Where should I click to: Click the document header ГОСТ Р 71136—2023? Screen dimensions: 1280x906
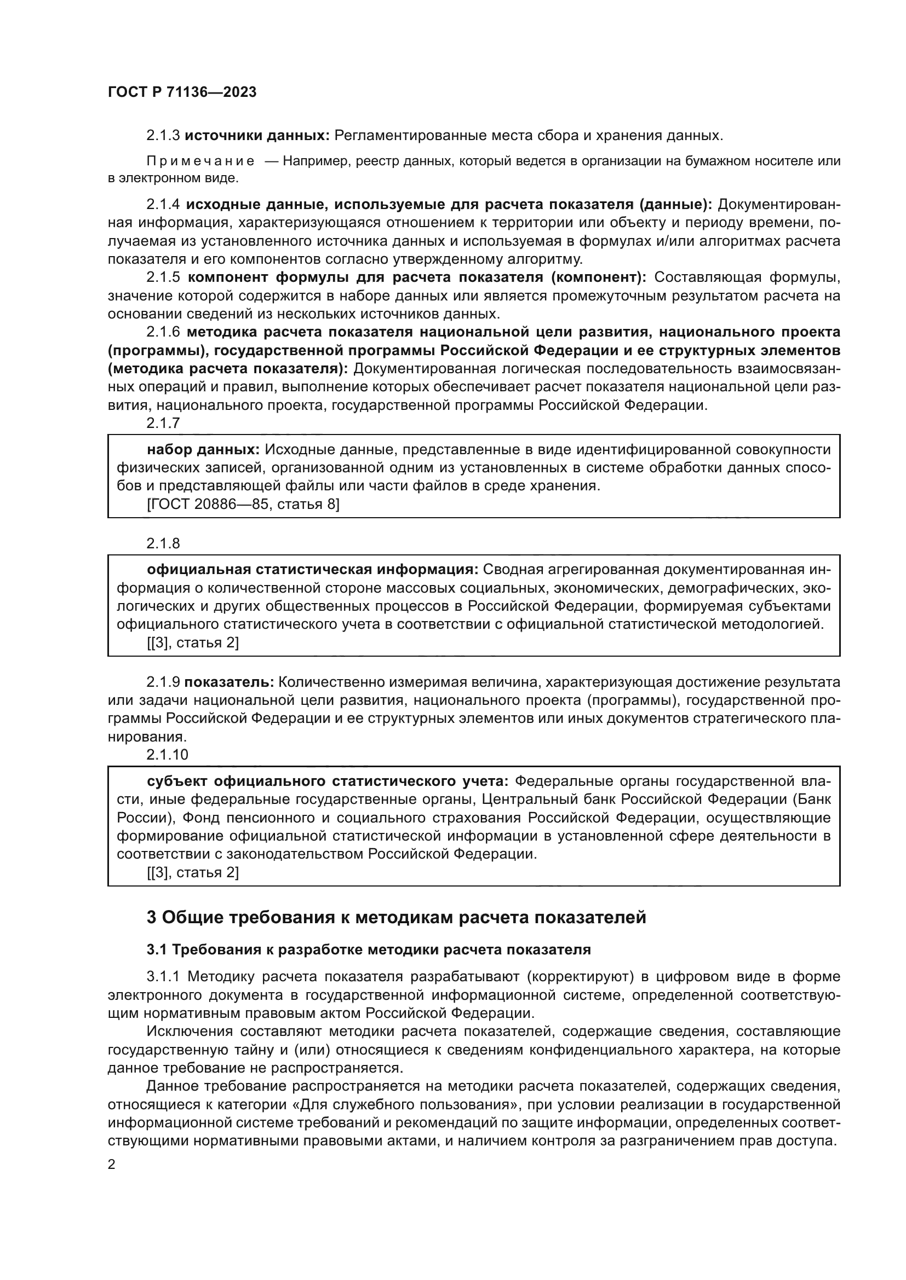click(x=182, y=92)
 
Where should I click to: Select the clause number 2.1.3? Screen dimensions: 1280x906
click(x=163, y=136)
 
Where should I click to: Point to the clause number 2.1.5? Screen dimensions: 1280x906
click(x=163, y=277)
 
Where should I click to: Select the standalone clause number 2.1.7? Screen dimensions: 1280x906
click(x=163, y=423)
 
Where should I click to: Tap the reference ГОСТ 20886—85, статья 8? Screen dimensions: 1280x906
click(x=243, y=505)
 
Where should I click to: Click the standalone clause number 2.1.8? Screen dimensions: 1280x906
click(x=163, y=543)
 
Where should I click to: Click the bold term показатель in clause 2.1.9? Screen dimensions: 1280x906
click(x=229, y=682)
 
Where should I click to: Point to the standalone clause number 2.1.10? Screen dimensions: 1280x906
click(x=168, y=755)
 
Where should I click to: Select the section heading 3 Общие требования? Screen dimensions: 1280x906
click(x=396, y=917)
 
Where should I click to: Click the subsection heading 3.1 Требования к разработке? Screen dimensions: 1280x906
click(x=368, y=949)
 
